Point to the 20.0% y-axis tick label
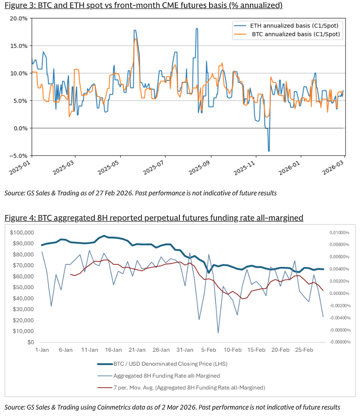(19, 19)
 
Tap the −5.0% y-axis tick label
(19, 156)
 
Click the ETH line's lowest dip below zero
(269, 151)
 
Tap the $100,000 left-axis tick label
(21, 233)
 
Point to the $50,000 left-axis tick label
(23, 287)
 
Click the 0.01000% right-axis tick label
(339, 233)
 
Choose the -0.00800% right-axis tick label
(339, 342)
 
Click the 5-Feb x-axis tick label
(209, 350)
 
